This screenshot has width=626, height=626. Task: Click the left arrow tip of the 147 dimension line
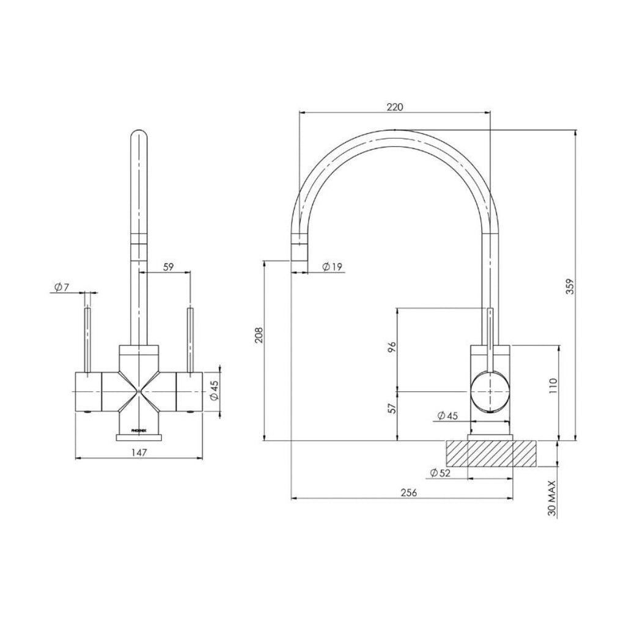tap(76, 458)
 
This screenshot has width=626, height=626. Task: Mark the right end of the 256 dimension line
tap(513, 498)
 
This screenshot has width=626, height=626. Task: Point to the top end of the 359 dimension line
tap(575, 130)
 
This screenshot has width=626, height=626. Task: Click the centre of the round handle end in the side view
tap(490, 391)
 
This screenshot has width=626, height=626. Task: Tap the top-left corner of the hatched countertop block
tap(446, 441)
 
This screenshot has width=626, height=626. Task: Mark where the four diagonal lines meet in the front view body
tap(139, 391)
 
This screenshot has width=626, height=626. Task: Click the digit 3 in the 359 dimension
tap(571, 290)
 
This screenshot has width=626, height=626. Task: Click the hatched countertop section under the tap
tap(492, 454)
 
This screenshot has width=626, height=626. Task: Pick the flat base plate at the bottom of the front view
tap(139, 438)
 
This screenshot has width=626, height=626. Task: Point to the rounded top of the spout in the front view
tap(139, 136)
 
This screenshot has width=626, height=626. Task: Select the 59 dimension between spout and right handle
tap(169, 267)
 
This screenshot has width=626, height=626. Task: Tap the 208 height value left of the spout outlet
tap(259, 335)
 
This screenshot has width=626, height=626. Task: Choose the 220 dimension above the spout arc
tap(395, 107)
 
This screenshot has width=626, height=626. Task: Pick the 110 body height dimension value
tap(552, 386)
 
